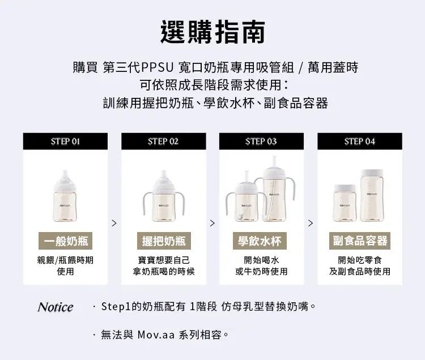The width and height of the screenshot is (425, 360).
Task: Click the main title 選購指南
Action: click(212, 32)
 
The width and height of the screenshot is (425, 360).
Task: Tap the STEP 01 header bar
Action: click(65, 142)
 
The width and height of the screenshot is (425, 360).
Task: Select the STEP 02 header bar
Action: click(163, 142)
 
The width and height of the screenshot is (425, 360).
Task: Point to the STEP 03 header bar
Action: click(261, 142)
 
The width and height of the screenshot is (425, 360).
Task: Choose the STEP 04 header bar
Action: click(360, 142)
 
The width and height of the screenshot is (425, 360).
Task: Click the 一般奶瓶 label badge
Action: click(65, 241)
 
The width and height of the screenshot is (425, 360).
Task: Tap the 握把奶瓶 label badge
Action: click(164, 241)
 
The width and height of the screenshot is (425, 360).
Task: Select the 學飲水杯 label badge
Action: click(260, 241)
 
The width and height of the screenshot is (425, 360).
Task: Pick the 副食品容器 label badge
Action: click(360, 241)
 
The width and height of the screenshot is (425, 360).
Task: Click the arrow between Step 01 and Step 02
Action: click(114, 223)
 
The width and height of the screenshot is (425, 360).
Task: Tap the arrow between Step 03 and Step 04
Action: click(311, 223)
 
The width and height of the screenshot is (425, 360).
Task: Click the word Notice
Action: click(56, 307)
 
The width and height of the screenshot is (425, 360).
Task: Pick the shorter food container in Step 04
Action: click(345, 203)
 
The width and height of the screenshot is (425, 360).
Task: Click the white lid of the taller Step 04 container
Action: click(372, 173)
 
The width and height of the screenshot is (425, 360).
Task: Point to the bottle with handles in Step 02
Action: click(164, 196)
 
